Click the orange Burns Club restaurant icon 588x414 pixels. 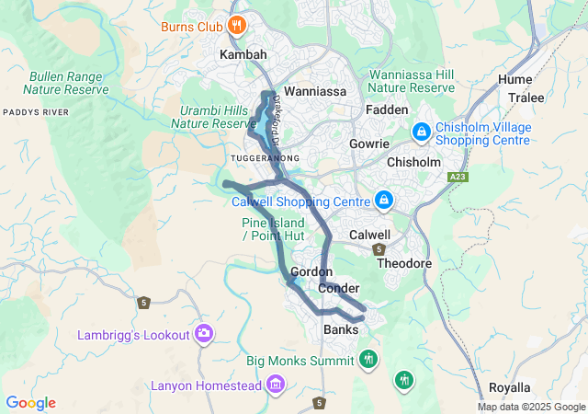pyautogui.click(x=236, y=25)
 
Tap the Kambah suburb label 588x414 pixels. pyautogui.click(x=243, y=55)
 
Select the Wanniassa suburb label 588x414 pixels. pyautogui.click(x=314, y=92)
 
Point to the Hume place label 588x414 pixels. pyautogui.click(x=514, y=80)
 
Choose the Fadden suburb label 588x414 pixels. pyautogui.click(x=387, y=109)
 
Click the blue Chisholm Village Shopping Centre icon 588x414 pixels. pyautogui.click(x=421, y=132)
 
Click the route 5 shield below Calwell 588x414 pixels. pyautogui.click(x=378, y=249)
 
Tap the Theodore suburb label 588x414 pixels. pyautogui.click(x=404, y=263)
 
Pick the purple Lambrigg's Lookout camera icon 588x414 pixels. pyautogui.click(x=204, y=334)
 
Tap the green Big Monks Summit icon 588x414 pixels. pyautogui.click(x=368, y=359)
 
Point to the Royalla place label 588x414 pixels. pyautogui.click(x=509, y=387)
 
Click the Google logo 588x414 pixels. pyautogui.click(x=30, y=403)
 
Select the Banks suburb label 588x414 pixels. pyautogui.click(x=341, y=329)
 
